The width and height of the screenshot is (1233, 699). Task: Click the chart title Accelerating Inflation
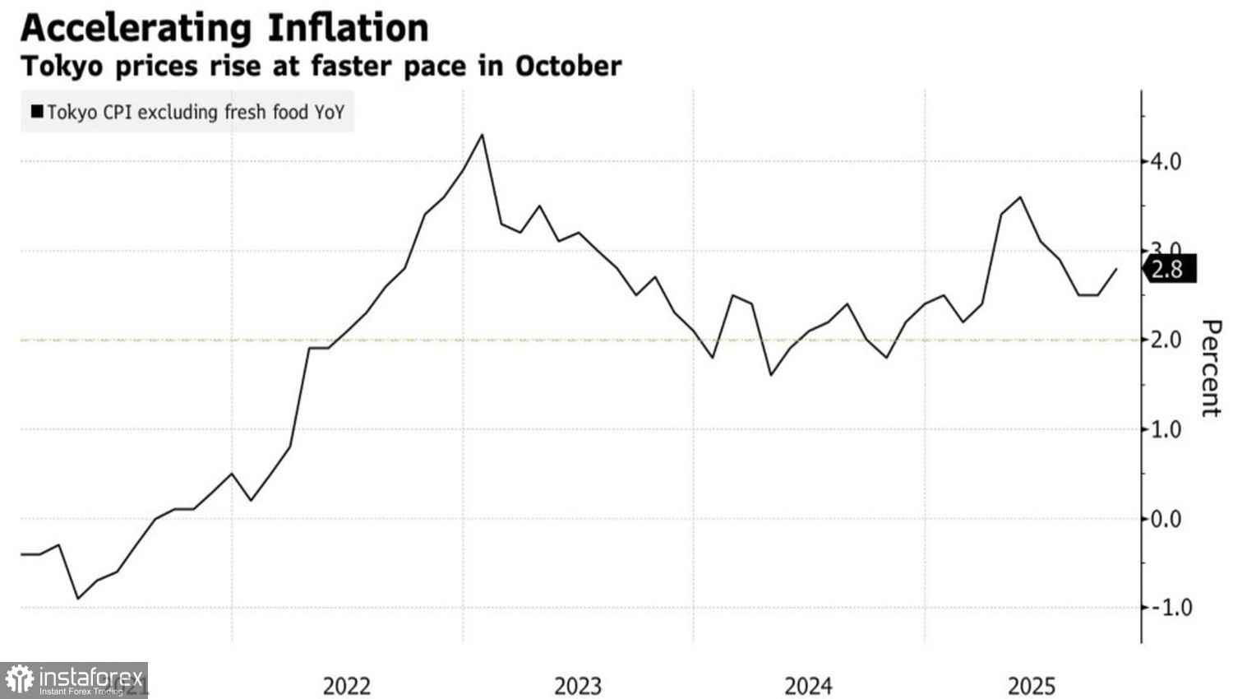[x=224, y=28]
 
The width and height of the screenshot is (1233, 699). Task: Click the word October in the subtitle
[x=568, y=66]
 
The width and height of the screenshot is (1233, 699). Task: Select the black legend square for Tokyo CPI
[x=37, y=112]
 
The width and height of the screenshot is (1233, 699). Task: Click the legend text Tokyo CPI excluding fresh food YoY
[x=196, y=112]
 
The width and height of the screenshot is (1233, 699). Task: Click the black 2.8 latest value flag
[x=1169, y=269]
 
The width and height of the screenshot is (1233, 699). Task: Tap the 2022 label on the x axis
[x=347, y=686]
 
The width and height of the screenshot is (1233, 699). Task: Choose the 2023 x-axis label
[x=578, y=686]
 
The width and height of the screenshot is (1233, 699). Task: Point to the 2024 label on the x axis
[x=809, y=686]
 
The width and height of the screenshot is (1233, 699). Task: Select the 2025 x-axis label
[x=1032, y=686]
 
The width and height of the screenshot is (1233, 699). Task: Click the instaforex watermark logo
[x=74, y=680]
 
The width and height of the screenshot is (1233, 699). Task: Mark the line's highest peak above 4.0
[x=482, y=135]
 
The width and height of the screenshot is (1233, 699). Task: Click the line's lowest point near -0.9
[x=78, y=599]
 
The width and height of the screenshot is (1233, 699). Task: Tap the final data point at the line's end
[x=1116, y=269]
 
